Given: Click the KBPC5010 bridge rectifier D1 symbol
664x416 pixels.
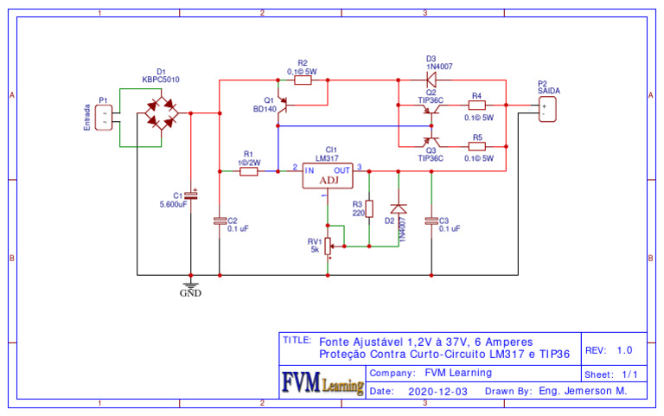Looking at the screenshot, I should (161, 113).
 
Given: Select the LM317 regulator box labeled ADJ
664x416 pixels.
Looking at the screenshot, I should (329, 176).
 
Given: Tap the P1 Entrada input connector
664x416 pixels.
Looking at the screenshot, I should (105, 118).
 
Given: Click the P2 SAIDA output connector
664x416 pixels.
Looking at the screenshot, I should (546, 109).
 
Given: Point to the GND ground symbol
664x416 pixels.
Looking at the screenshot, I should (190, 284).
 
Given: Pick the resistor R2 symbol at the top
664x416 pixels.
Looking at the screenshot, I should (303, 80).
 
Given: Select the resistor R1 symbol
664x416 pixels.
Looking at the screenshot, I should (248, 171).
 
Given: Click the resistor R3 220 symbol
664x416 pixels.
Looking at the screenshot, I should (369, 208).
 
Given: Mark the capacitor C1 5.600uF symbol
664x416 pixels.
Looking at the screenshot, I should (191, 196).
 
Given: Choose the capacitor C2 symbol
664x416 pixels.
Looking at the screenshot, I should (220, 221).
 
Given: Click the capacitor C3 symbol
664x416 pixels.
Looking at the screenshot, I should (431, 221).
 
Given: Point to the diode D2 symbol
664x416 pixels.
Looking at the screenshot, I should (398, 208).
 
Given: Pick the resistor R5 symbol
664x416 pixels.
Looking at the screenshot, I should (476, 146).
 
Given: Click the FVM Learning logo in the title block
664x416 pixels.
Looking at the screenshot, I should (322, 381).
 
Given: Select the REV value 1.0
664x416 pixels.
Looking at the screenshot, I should (624, 350).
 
